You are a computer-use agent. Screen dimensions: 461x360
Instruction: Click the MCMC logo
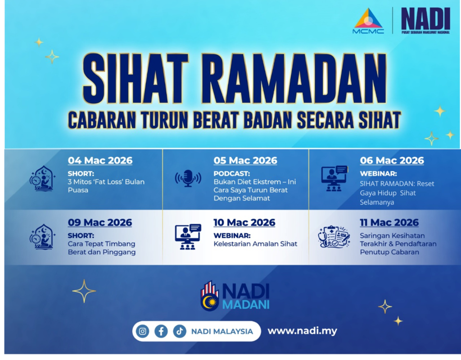[368, 21]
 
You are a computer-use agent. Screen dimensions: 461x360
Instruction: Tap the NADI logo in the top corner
[426, 21]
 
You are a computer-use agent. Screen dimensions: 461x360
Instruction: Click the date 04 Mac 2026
[100, 160]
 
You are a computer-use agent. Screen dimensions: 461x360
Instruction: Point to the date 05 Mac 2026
[245, 160]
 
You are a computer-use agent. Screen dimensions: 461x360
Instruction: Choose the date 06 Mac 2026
[392, 160]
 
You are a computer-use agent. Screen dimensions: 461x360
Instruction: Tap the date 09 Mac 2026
[100, 223]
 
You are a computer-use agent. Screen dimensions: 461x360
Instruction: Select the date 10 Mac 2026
[244, 223]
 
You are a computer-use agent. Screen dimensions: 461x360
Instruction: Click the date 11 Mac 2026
[389, 223]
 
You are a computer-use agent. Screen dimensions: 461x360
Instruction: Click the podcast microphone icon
[188, 178]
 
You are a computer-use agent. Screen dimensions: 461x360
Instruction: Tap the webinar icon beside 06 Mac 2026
[334, 178]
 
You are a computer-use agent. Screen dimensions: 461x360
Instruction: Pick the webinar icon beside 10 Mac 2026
[188, 237]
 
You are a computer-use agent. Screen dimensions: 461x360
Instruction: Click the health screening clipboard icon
[334, 237]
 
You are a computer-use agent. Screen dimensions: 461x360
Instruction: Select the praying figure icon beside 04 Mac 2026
[42, 178]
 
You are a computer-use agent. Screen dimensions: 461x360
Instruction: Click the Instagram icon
[143, 332]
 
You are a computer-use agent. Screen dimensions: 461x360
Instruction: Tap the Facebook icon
[161, 332]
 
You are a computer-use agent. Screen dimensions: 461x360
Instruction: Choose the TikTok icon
[180, 332]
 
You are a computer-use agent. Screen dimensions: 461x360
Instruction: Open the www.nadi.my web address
[302, 331]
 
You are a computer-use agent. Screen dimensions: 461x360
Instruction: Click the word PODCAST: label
[232, 173]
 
